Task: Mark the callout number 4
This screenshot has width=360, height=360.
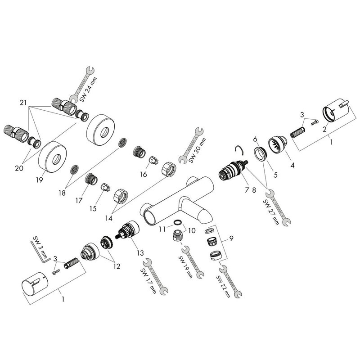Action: (x=292, y=166)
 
